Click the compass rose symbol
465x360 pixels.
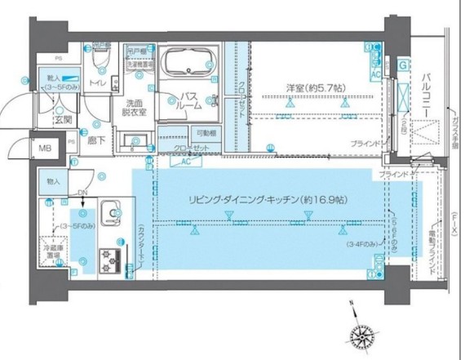pyautogui.click(x=361, y=334)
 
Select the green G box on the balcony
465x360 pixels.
pyautogui.click(x=402, y=64)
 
